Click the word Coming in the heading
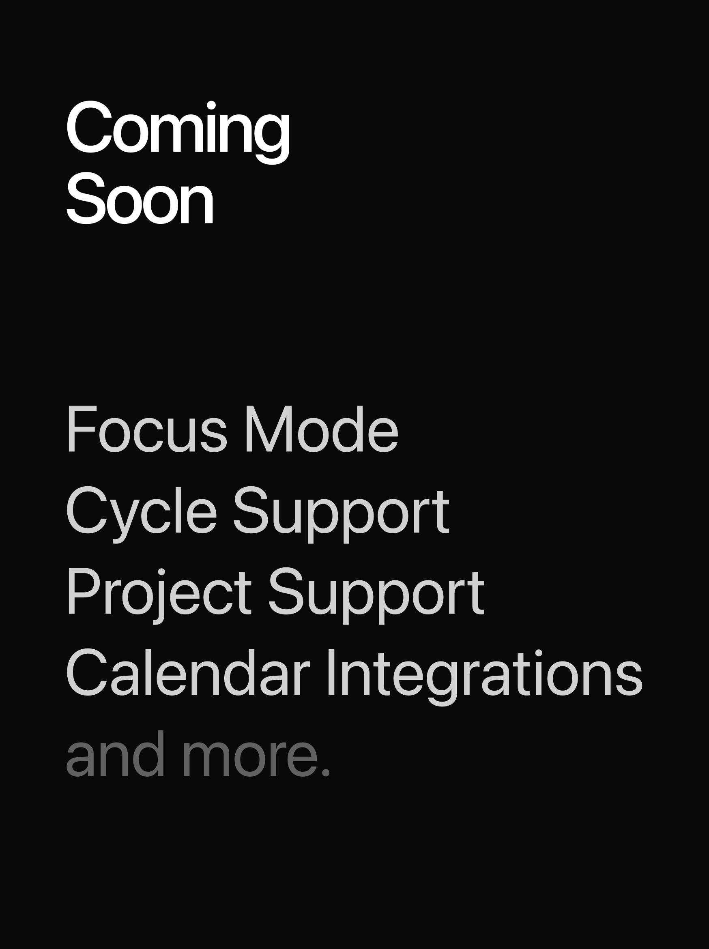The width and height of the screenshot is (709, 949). (x=178, y=129)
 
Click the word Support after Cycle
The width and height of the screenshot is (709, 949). (x=341, y=511)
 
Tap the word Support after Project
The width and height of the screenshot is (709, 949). (x=376, y=593)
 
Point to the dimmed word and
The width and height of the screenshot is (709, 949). (x=115, y=755)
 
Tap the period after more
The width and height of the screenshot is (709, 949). (x=326, y=773)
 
